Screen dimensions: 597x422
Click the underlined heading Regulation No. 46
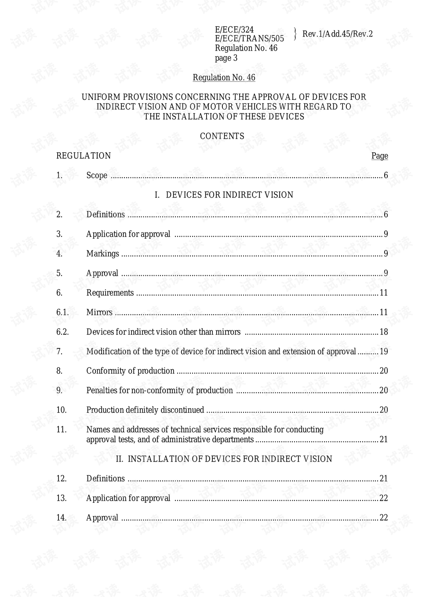click(224, 78)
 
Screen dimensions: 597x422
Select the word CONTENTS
click(222, 136)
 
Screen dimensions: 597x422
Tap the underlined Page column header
click(379, 156)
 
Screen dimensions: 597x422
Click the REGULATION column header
click(84, 156)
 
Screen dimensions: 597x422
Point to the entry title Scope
click(97, 176)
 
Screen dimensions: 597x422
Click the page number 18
click(383, 332)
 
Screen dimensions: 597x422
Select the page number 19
click(383, 352)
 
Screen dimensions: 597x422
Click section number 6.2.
click(62, 332)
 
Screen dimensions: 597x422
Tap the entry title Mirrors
click(99, 312)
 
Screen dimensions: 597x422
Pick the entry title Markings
click(102, 254)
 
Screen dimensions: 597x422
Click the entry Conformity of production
click(130, 371)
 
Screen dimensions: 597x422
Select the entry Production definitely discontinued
click(145, 410)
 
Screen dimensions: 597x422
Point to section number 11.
click(62, 429)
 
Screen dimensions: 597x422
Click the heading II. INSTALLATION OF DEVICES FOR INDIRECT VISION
click(224, 459)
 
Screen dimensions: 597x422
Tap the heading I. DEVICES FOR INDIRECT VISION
click(224, 195)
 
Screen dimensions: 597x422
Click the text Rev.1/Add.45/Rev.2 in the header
click(337, 34)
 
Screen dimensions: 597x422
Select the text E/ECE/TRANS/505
click(249, 39)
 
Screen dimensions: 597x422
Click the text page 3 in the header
click(226, 58)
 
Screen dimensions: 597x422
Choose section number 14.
click(62, 518)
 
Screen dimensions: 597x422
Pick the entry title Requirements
click(110, 293)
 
